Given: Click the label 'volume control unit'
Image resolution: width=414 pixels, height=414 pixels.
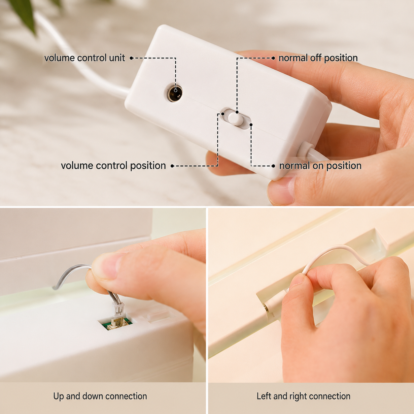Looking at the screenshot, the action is click(85, 58).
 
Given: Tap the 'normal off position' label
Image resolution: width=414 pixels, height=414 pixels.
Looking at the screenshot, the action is click(318, 58).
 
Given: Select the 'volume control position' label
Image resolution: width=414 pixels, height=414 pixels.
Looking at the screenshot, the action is click(114, 166).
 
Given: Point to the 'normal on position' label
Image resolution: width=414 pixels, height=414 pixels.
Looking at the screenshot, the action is click(320, 166).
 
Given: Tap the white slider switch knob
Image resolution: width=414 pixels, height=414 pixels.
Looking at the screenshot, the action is click(235, 119).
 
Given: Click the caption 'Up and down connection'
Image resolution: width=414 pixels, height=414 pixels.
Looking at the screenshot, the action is click(100, 396).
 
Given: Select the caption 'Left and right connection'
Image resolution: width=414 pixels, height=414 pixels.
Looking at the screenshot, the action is click(304, 396).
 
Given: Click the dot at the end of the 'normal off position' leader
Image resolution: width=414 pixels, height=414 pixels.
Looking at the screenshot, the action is click(273, 58).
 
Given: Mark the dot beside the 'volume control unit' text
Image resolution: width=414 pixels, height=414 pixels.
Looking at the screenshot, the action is click(131, 58).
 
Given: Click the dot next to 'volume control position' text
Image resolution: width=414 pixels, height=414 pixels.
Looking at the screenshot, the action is click(172, 166).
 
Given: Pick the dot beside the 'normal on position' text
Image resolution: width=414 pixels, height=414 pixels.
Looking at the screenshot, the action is click(273, 166).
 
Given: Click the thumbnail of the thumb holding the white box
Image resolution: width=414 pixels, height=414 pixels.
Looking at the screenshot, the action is click(281, 191).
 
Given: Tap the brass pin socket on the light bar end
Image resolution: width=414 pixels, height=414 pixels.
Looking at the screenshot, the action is click(266, 308).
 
